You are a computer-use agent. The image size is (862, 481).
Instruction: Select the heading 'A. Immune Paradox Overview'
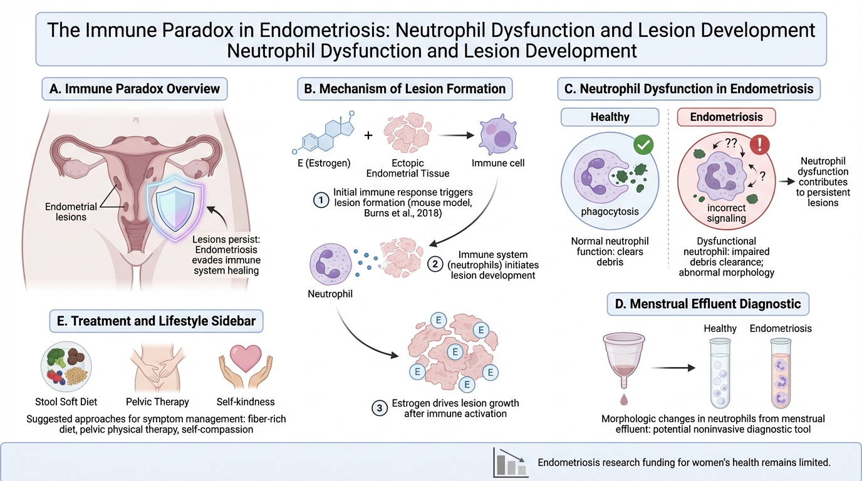click(135, 88)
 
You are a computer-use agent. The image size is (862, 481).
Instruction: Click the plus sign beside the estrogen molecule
click(368, 135)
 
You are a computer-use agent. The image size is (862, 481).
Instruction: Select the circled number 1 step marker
click(321, 200)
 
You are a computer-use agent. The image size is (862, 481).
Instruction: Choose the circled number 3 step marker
click(380, 409)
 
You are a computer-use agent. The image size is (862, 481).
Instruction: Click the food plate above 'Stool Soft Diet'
click(66, 366)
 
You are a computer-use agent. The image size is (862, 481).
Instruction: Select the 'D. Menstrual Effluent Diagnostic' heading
click(709, 304)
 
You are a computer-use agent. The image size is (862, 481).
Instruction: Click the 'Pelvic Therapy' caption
click(157, 401)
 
